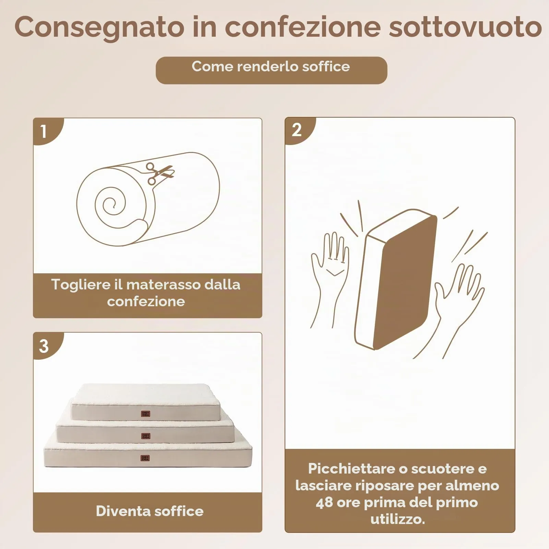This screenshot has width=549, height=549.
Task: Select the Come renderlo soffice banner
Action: [271, 70]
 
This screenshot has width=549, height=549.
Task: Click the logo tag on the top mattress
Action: [146, 414]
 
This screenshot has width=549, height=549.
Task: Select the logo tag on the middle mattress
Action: [146, 436]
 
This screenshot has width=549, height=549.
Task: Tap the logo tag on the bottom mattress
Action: [145, 458]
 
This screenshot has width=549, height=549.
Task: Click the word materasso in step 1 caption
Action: [164, 285]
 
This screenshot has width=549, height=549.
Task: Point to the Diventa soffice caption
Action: [150, 511]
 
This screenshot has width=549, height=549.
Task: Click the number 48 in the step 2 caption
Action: [324, 502]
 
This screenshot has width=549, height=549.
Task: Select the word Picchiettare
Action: [351, 469]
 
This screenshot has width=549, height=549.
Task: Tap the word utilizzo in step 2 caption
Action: [397, 519]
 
